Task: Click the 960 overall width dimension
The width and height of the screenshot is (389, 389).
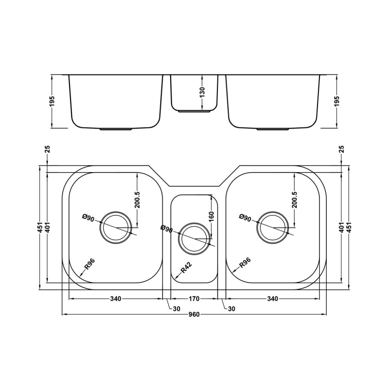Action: click(x=194, y=315)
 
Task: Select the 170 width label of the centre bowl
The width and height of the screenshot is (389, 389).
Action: click(x=194, y=299)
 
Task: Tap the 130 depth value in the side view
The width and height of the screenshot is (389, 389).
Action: click(x=202, y=92)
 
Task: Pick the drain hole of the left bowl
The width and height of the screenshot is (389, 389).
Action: click(x=116, y=227)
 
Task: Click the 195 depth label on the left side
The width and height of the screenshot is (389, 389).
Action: click(x=52, y=101)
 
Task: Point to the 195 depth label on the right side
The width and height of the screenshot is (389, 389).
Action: click(x=337, y=101)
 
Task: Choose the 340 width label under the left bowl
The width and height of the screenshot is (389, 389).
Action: click(x=115, y=299)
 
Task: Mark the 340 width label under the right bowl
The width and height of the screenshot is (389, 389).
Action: click(x=272, y=299)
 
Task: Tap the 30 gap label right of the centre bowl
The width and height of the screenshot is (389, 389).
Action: click(x=231, y=308)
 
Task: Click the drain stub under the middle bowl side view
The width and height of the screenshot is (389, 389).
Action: click(x=194, y=111)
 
